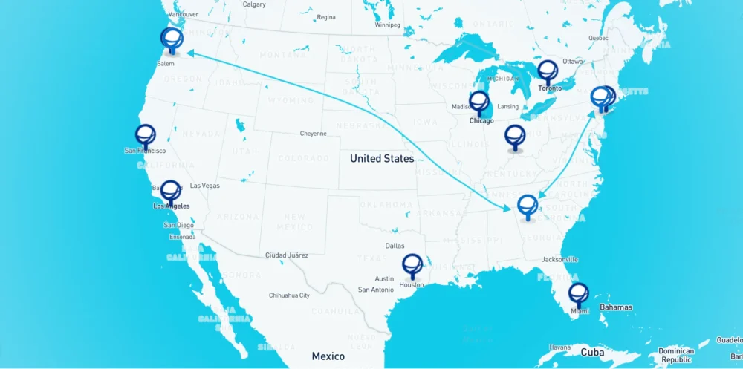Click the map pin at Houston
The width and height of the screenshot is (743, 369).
[x=412, y=264]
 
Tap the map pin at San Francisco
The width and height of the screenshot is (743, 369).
[x=146, y=135]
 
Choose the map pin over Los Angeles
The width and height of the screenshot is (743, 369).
[x=170, y=191]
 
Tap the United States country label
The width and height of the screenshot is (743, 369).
[x=382, y=158]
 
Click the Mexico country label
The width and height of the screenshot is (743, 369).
[x=328, y=356]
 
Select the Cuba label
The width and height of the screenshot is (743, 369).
[x=592, y=352]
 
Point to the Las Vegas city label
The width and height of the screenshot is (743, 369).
[x=205, y=186]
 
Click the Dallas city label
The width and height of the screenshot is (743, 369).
[x=395, y=246]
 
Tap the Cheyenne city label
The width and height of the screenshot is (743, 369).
[x=313, y=134]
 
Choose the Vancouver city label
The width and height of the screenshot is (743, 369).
[x=184, y=14]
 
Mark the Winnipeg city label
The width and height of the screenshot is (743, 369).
[x=387, y=25]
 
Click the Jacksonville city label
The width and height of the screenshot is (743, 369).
[x=559, y=260]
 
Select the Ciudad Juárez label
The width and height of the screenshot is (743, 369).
[x=286, y=255]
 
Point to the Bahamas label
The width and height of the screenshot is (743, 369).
[x=616, y=307]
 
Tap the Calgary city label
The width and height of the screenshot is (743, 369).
[x=254, y=4]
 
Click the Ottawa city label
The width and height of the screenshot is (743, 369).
[x=572, y=61]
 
